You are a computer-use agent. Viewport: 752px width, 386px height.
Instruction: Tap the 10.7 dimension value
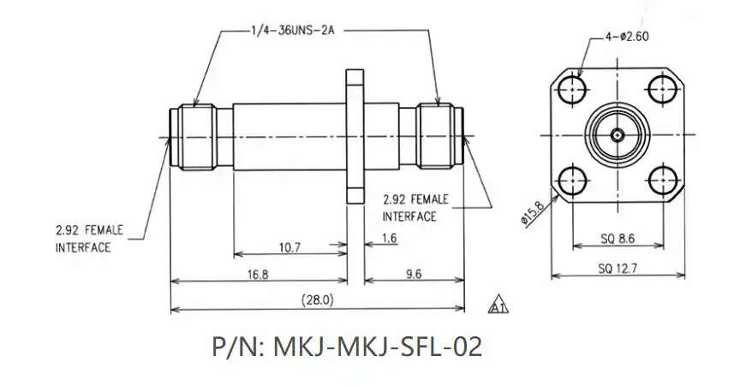[x=289, y=247]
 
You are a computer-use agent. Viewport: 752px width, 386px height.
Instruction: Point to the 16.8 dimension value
[x=258, y=275]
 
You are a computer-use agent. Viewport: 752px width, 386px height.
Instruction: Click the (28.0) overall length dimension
[x=318, y=300]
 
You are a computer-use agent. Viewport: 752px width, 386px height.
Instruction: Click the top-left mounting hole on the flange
[x=570, y=89]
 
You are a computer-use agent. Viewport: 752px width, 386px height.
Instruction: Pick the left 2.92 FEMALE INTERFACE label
[x=89, y=239]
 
